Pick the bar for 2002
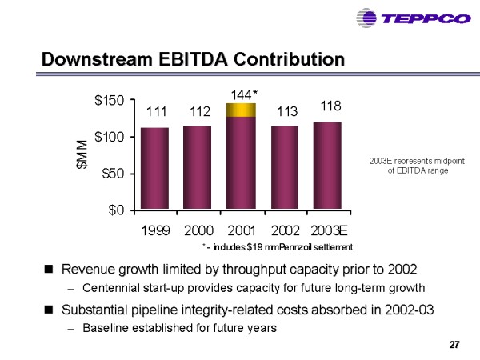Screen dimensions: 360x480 pos(286,167)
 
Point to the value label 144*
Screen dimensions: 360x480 pos(243,94)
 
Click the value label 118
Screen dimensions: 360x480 pos(330,106)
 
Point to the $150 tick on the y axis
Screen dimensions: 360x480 pos(110,101)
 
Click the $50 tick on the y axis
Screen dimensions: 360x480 pos(113,174)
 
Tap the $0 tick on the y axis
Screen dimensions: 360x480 pos(118,210)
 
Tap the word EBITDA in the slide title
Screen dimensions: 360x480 pos(189,59)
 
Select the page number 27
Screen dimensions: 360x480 pos(454,345)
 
